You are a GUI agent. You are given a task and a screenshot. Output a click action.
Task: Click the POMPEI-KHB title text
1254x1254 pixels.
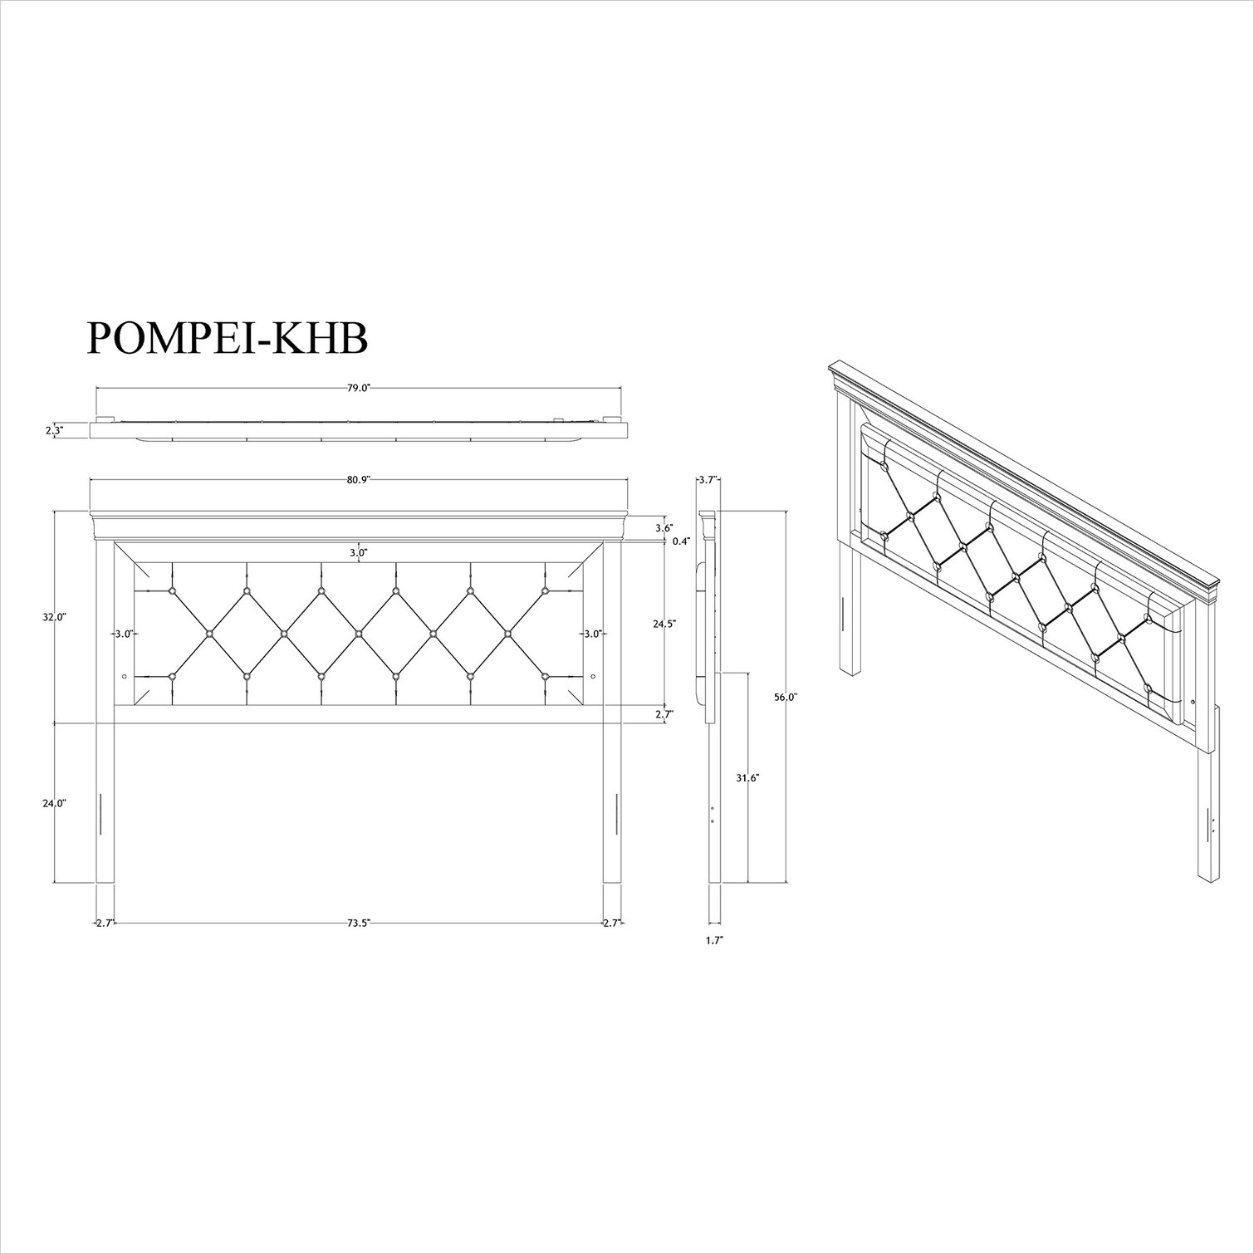227,338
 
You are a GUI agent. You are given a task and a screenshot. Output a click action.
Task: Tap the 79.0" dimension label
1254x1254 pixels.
359,388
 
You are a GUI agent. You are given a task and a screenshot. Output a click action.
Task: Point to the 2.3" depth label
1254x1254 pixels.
54,430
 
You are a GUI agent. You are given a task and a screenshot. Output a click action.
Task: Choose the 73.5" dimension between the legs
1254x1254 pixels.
359,923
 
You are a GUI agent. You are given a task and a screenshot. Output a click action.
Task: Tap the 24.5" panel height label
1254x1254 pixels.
664,623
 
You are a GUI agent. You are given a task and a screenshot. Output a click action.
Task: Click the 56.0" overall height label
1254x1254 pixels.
786,698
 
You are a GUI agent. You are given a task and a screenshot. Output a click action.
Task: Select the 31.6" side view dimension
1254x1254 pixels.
748,778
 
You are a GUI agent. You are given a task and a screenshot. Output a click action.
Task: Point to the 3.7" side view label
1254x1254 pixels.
708,479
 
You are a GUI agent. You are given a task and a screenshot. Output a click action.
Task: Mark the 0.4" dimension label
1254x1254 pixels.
681,541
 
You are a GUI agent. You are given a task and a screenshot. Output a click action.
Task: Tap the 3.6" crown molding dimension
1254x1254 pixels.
664,528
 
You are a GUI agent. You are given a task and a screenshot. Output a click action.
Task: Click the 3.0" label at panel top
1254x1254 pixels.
359,551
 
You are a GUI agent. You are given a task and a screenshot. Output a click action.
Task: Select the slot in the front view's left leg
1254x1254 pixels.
100,814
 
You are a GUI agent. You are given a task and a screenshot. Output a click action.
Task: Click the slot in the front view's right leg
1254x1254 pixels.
617,814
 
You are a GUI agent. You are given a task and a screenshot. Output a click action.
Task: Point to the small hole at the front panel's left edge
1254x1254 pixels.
125,677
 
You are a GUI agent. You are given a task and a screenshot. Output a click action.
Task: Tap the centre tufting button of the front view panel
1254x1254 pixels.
359,634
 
